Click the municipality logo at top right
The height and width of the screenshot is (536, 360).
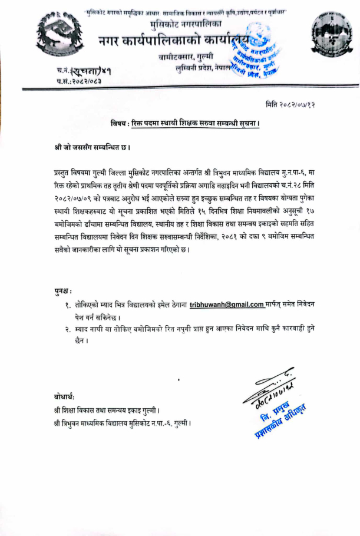click(x=323, y=32)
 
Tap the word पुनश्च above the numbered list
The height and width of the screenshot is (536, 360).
click(x=61, y=290)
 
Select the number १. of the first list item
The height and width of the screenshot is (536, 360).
click(x=68, y=305)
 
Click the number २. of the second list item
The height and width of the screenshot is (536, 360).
click(x=68, y=330)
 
